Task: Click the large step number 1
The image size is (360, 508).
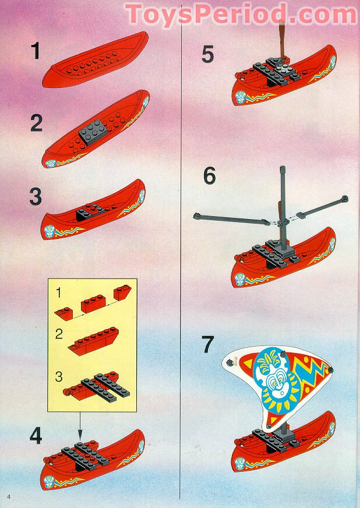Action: click(x=36, y=52)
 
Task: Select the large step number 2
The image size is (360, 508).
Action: click(x=37, y=124)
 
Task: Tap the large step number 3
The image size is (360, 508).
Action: click(x=36, y=196)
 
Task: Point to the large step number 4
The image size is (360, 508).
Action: click(x=36, y=436)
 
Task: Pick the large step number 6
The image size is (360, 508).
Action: click(x=209, y=176)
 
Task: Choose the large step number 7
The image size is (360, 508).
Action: click(x=209, y=344)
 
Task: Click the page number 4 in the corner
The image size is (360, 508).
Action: click(x=9, y=495)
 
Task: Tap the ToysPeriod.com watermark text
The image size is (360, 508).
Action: click(x=241, y=14)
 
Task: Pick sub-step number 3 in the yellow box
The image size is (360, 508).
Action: click(x=58, y=376)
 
